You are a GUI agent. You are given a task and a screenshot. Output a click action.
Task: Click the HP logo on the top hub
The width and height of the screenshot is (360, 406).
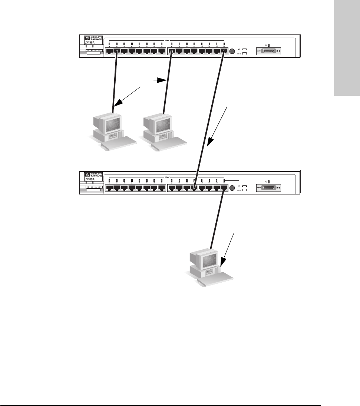tap(87, 38)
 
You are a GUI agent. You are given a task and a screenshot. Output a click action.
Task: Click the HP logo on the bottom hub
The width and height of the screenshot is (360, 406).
tap(87, 175)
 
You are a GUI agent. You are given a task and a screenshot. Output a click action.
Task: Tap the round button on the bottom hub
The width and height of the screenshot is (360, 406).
tap(233, 188)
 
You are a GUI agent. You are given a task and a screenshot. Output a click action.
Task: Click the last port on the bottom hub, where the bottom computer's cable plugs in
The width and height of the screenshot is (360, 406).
tap(224, 187)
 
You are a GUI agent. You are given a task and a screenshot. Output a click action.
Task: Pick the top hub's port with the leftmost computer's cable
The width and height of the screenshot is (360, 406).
tap(117, 51)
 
